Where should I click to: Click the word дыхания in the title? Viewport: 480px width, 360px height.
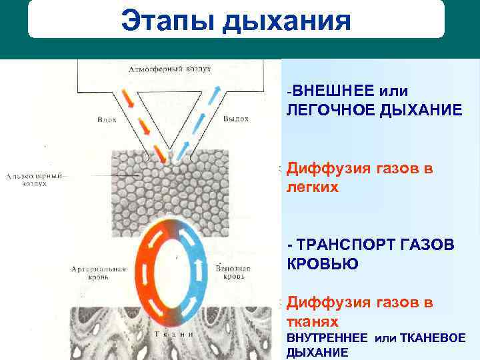(287, 19)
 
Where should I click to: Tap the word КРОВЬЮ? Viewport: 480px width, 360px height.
(322, 264)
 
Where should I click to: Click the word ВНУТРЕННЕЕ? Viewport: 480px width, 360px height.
(327, 338)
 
